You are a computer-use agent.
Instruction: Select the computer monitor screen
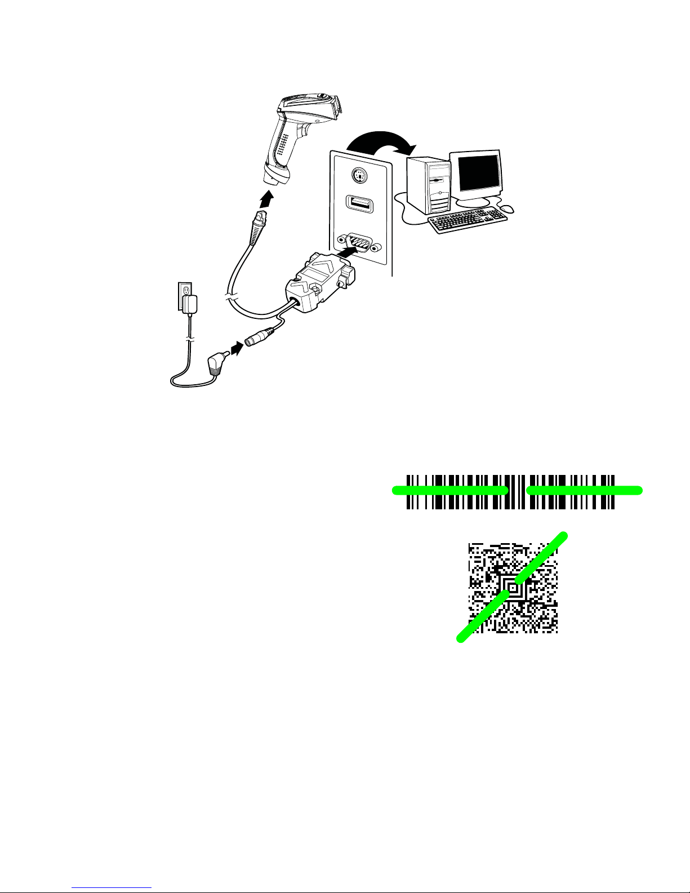[x=479, y=174]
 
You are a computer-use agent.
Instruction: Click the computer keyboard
[x=467, y=220]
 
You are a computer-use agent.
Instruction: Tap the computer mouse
[x=507, y=208]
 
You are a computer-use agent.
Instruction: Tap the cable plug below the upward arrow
[x=259, y=225]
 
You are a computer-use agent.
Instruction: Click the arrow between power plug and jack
[x=238, y=349]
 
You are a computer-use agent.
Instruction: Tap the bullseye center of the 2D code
[x=513, y=588]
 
